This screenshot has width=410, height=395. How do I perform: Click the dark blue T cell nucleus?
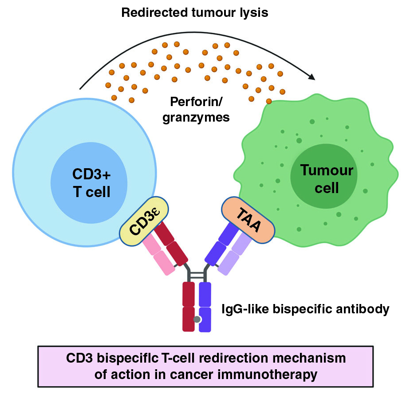[x=89, y=182]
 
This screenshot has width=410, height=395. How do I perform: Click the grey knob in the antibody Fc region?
[x=197, y=319]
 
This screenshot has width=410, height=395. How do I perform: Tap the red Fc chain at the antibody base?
[x=189, y=306]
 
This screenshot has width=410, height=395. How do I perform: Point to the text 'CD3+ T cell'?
[x=89, y=182]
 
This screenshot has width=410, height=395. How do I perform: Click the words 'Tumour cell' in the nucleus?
[x=327, y=179]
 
